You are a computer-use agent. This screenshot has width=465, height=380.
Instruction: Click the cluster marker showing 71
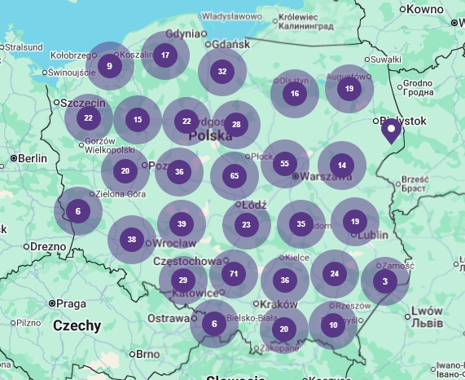234,274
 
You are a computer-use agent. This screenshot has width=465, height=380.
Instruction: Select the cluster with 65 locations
235,176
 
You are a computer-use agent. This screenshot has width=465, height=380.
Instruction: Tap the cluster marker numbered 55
284,164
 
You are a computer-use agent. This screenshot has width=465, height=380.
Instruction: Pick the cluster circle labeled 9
109,66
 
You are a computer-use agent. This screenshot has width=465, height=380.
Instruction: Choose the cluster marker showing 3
384,282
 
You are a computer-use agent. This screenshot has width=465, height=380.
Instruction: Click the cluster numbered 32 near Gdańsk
222,72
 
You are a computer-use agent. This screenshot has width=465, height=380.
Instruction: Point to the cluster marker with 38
132,240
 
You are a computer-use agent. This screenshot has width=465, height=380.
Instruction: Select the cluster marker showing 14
342,166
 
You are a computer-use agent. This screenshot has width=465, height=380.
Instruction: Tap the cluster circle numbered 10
333,325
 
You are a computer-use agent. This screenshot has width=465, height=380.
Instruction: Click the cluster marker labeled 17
165,55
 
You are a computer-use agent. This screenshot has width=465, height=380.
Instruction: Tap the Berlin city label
33,158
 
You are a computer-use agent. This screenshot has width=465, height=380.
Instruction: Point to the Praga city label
72,303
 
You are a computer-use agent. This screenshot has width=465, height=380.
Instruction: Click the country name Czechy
77,326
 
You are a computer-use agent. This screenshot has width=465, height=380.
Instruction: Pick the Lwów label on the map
427,311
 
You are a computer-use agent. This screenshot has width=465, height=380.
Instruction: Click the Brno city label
147,354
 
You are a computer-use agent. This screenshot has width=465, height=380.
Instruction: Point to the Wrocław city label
173,243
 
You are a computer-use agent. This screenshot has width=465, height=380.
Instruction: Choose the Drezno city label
49,245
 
